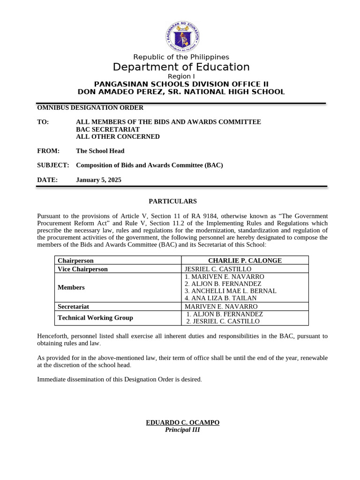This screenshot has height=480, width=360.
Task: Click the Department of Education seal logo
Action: click(182, 37)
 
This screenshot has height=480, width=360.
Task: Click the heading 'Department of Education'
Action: click(181, 67)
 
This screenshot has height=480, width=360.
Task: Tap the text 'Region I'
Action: click(181, 76)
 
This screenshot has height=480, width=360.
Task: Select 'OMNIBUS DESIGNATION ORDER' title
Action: click(90, 107)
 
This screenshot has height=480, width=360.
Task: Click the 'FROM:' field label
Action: click(48, 151)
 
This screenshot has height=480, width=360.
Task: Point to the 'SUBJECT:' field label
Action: click(53, 165)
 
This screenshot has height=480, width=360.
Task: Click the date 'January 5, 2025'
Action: click(98, 180)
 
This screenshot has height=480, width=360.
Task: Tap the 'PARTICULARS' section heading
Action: click(172, 201)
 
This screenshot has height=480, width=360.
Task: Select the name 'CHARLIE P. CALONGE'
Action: click(245, 261)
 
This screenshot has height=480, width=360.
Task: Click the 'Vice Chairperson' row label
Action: click(82, 269)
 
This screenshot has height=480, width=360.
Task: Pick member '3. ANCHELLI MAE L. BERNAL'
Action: click(230, 291)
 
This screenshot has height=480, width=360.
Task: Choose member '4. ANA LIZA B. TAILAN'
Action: click(220, 298)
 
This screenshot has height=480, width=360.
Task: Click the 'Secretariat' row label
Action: click(73, 307)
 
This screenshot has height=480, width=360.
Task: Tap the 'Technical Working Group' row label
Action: click(95, 317)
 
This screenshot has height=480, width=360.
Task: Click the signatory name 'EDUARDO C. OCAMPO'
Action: click(182, 422)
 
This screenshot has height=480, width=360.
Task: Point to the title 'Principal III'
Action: click(182, 430)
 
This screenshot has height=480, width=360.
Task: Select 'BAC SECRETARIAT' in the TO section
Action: click(108, 129)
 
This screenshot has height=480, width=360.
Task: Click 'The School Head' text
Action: click(100, 151)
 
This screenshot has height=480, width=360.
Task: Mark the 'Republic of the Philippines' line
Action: click(181, 57)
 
